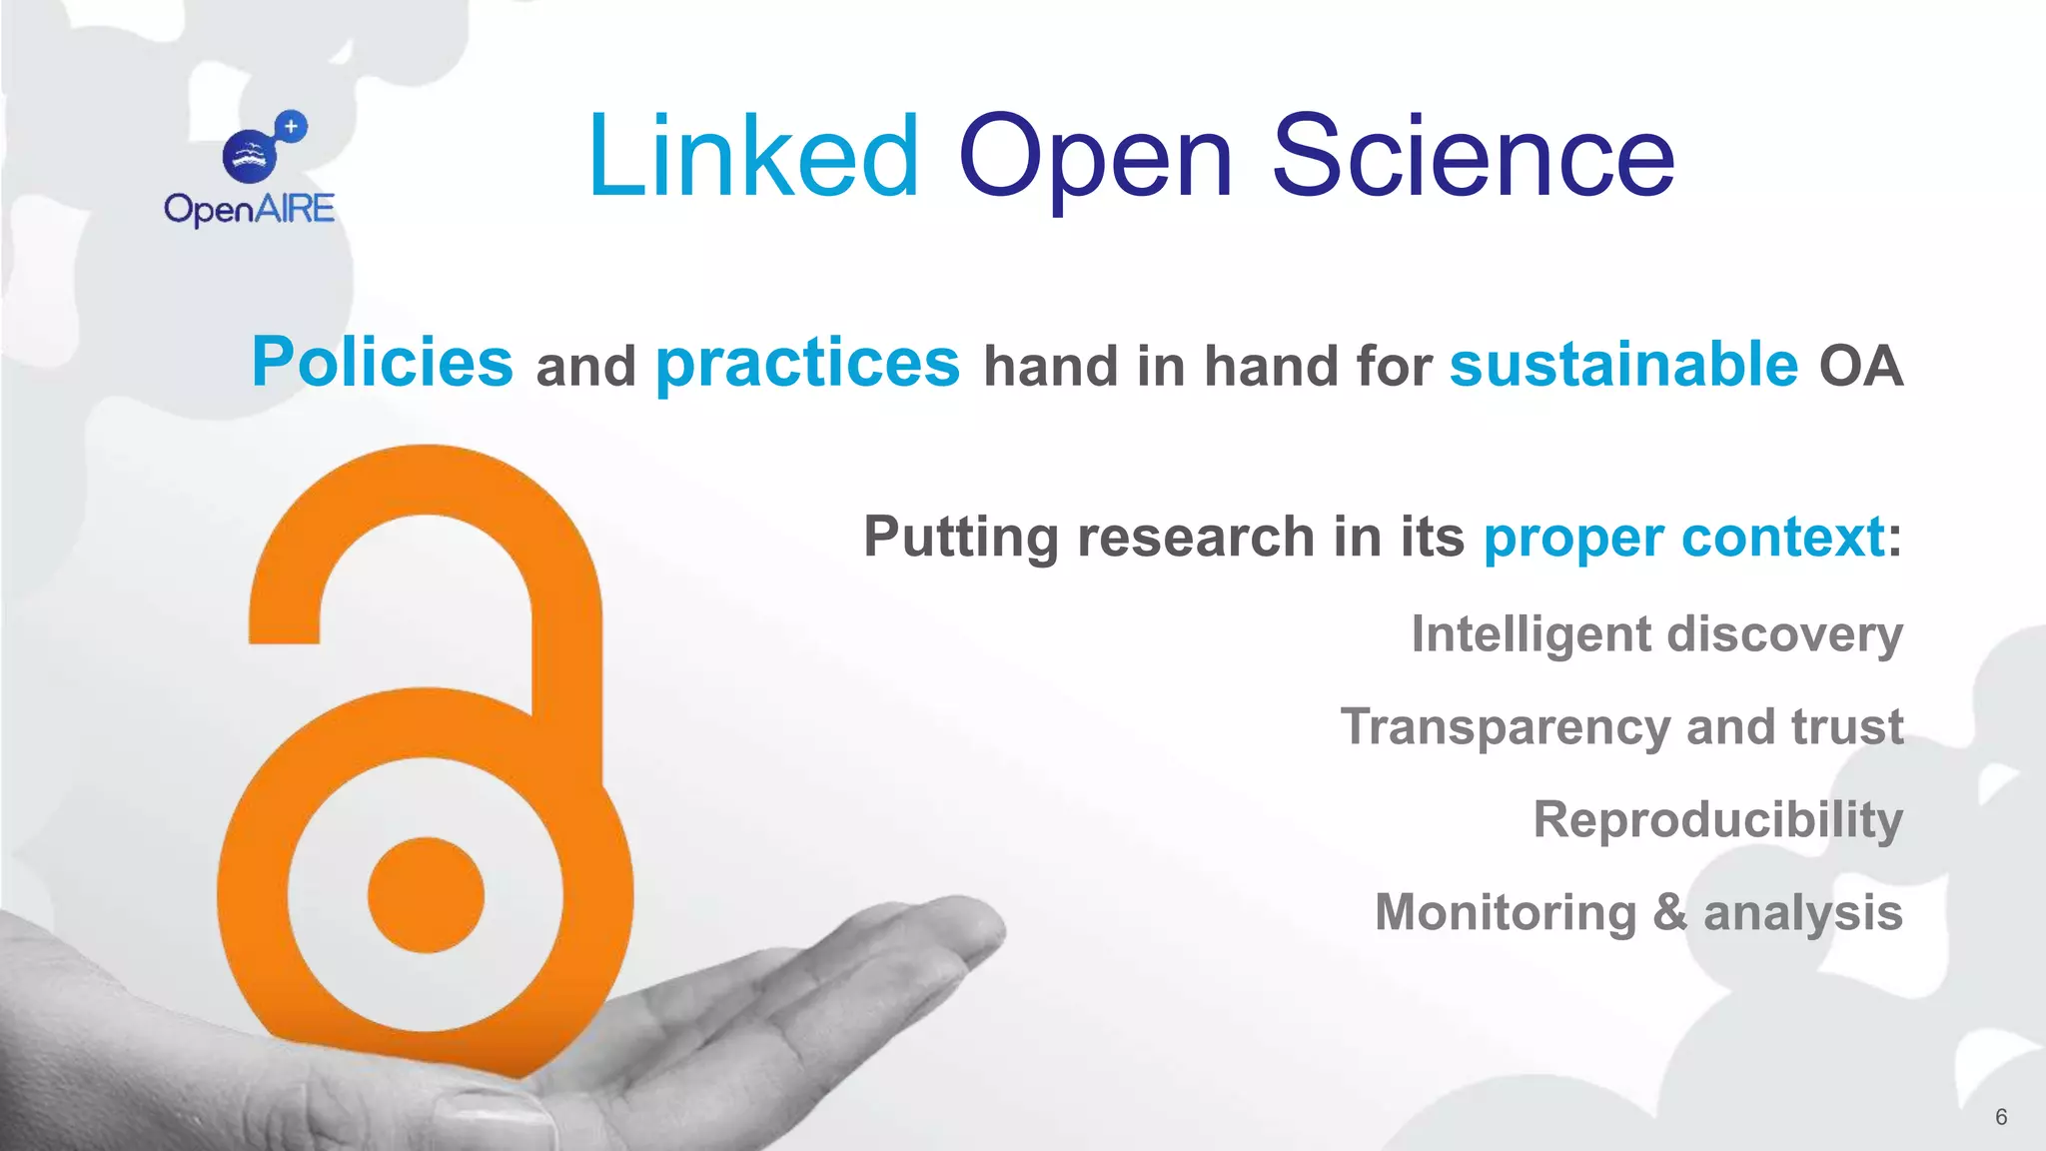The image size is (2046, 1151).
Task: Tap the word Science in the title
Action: click(1473, 157)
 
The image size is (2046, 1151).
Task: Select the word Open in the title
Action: click(1095, 160)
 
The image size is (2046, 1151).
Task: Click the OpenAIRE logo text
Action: click(250, 209)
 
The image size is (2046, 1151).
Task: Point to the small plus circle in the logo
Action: click(291, 127)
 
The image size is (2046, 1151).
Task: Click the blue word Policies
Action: click(383, 362)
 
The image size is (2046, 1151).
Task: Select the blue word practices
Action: click(807, 364)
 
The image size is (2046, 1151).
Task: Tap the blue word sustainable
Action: click(1623, 364)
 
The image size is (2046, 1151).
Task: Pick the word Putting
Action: click(960, 539)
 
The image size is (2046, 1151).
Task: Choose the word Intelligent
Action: click(1532, 635)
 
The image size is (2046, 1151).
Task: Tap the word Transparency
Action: click(1506, 728)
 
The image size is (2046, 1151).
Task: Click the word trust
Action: click(1847, 726)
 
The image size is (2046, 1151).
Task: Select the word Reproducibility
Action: click(1718, 821)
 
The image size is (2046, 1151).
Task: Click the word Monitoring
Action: click(1506, 913)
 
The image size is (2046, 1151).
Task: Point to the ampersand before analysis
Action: click(1669, 912)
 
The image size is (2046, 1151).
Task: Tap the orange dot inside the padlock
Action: click(426, 894)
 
